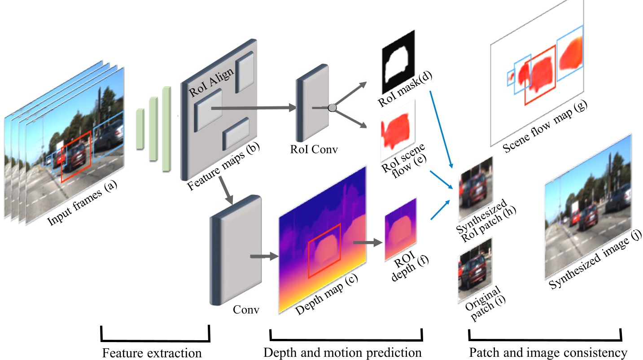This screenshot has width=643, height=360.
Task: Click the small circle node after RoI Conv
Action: point(332,107)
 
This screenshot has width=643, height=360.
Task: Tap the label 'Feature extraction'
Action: point(152,353)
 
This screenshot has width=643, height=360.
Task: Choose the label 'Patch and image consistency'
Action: point(548,353)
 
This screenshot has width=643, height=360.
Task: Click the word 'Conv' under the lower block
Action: point(246,310)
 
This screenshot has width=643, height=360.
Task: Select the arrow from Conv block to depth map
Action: point(264,257)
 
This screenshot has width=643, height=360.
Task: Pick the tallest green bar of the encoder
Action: point(167,128)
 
